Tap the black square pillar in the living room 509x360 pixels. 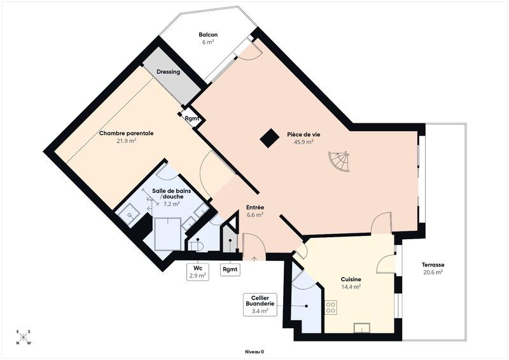coord(269,137)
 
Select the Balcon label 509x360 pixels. coord(208,35)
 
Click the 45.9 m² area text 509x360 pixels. coord(303,142)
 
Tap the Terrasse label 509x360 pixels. coord(432,265)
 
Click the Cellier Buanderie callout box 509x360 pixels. coord(260,305)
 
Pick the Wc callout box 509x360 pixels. coord(198,272)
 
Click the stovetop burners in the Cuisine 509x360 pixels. coord(331,307)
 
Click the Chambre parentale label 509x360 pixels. coord(126,134)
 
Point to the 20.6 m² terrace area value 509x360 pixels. coord(432,272)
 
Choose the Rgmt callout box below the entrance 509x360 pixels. coord(230,269)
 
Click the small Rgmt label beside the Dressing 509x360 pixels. coord(192,118)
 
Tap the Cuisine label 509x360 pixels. coord(351,279)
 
